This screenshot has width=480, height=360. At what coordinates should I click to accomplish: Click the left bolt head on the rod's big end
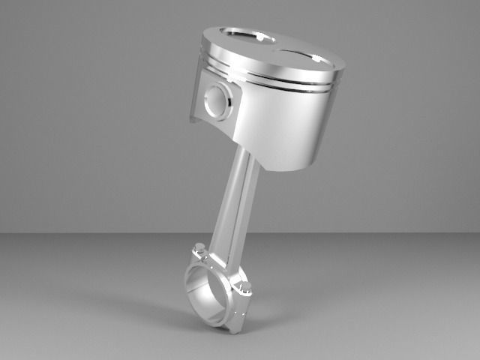199,249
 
